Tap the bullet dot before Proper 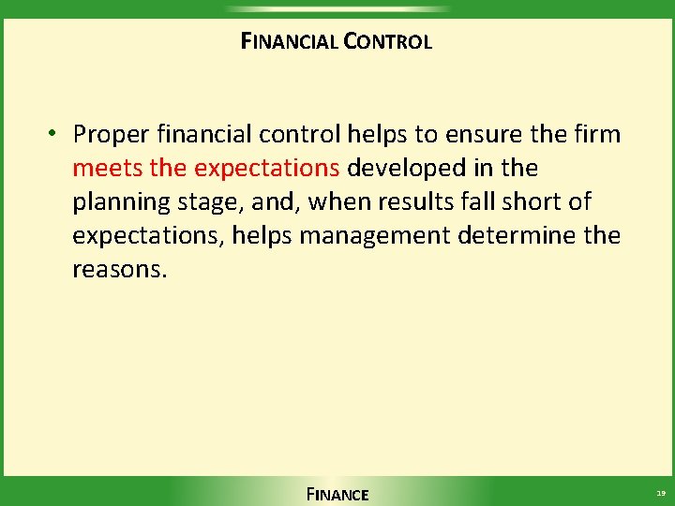[x=56, y=134]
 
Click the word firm [x=596, y=135]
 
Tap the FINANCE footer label [x=337, y=494]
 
